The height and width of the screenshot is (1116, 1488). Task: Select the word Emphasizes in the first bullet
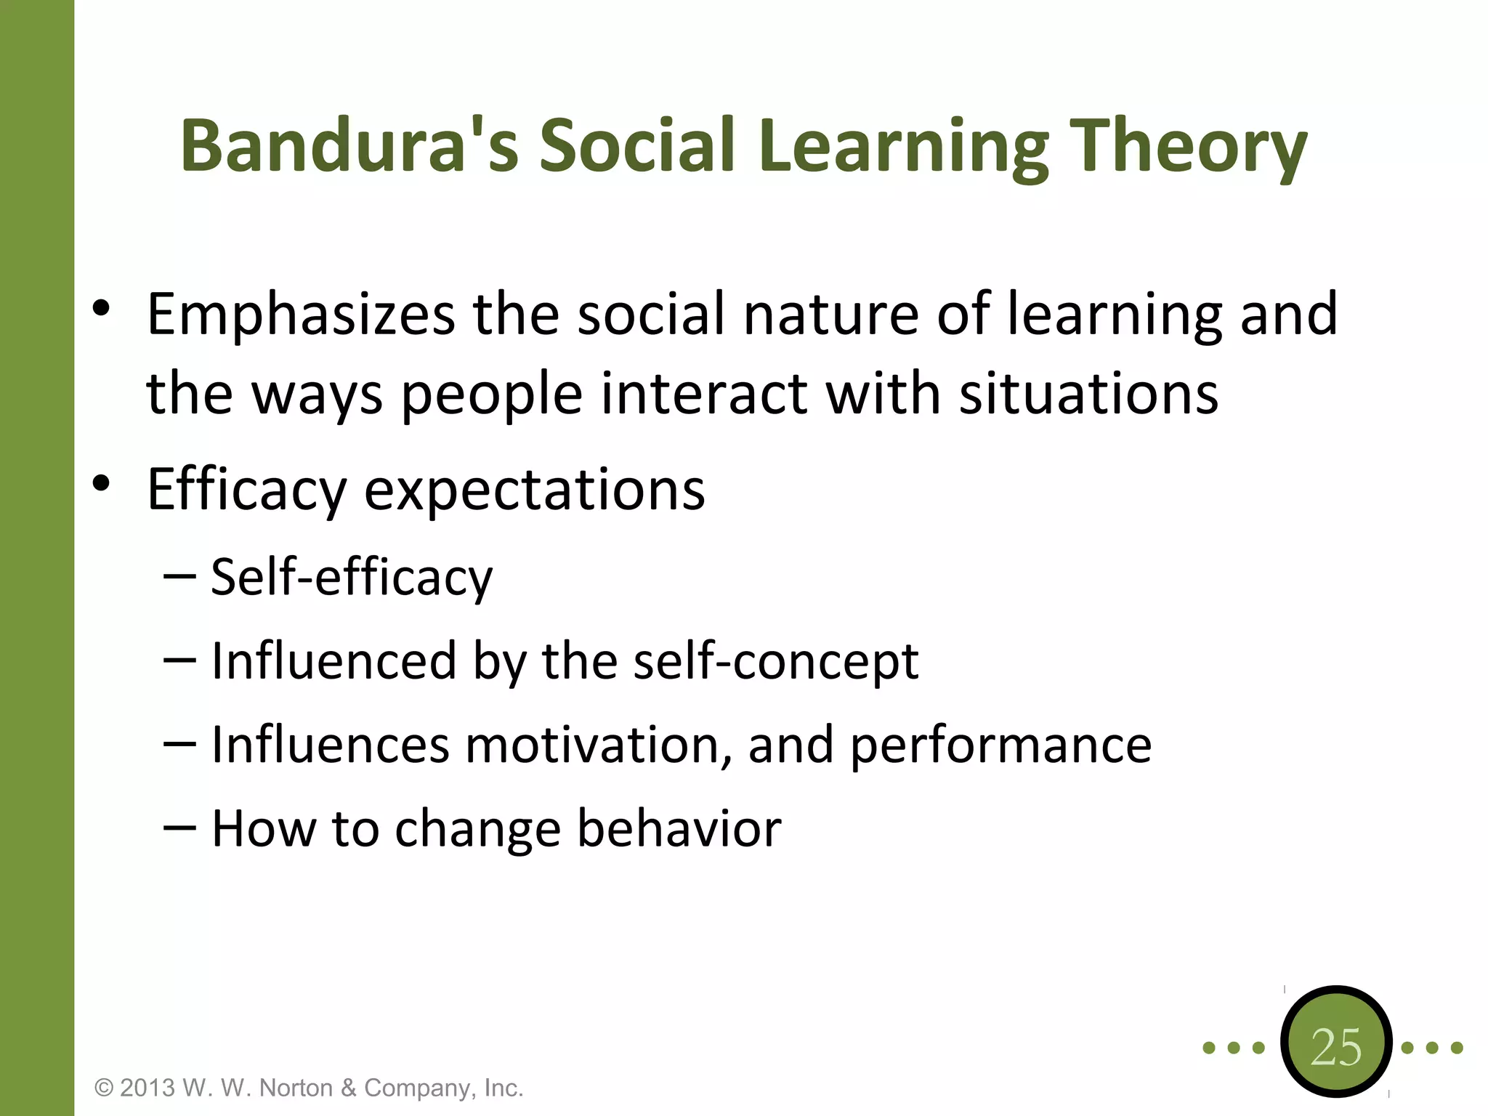point(301,315)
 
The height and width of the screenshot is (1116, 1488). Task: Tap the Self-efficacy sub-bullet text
point(351,578)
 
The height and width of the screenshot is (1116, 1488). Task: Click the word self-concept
point(775,661)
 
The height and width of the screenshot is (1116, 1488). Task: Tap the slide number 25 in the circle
point(1335,1048)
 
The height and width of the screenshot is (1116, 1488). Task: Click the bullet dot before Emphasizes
point(102,308)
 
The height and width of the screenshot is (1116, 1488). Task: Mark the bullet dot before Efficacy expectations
point(102,482)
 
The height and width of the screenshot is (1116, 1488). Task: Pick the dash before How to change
point(179,828)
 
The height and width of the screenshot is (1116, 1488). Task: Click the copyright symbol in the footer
point(104,1088)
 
